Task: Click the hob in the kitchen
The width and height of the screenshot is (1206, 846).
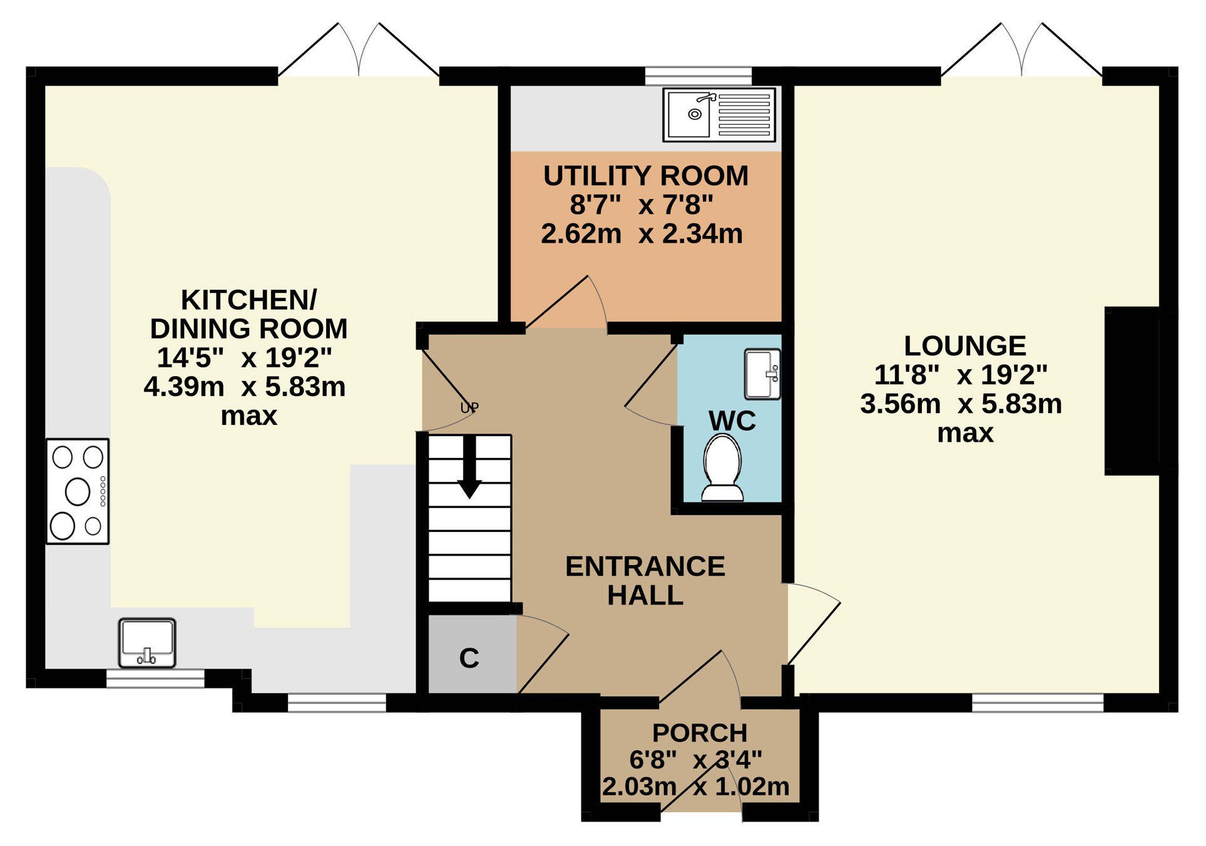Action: tap(78, 492)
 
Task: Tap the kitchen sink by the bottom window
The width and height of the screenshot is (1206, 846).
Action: tap(147, 643)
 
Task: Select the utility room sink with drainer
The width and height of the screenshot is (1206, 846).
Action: tap(719, 115)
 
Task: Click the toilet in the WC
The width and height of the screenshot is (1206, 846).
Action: tap(723, 468)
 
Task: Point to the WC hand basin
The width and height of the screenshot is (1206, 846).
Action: tap(762, 374)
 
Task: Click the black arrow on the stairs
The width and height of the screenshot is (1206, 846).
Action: tap(469, 467)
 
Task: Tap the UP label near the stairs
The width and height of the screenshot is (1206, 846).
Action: tap(469, 408)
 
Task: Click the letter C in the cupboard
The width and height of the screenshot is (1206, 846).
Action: tap(469, 658)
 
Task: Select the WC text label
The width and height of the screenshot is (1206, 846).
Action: tap(732, 421)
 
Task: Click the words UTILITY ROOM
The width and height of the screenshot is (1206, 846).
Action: tap(646, 176)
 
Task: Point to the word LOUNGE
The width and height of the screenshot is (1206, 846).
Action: tap(965, 346)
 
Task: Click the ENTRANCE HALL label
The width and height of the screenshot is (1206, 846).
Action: tap(645, 581)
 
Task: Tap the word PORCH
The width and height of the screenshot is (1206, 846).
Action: tap(700, 733)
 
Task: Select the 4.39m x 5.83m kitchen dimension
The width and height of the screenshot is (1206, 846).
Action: tap(245, 387)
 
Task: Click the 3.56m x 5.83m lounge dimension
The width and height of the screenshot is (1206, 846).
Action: tap(961, 404)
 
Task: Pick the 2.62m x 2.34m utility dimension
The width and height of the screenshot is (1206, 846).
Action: tap(642, 233)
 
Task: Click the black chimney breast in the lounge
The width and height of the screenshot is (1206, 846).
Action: tap(1132, 391)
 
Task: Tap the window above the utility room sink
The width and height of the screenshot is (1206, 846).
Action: tap(698, 76)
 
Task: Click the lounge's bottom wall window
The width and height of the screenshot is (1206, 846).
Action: tap(1038, 703)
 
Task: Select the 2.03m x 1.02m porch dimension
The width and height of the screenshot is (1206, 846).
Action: tap(696, 787)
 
